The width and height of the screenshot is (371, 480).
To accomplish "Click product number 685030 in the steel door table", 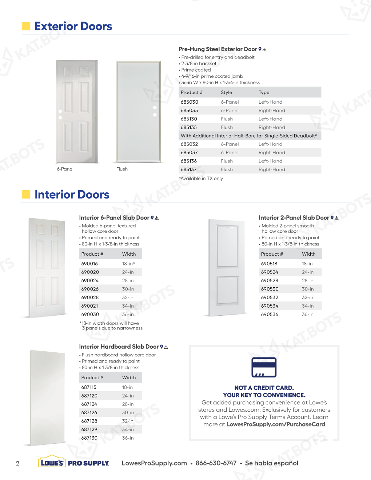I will pos(190,102).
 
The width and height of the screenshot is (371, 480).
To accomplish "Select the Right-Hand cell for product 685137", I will pos(272,169).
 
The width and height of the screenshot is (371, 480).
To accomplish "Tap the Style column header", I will pos(226,92).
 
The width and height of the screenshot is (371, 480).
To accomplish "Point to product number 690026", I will pos(90,289).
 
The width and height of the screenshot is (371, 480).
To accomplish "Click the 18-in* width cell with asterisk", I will pos(128,264).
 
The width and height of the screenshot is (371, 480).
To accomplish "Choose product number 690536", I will pos(270,315).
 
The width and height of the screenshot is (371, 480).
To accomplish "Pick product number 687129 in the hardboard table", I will pos(89,429).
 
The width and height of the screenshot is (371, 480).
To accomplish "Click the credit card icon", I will pos(264,367).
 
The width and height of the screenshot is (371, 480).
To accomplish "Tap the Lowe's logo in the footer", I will pos(52,463).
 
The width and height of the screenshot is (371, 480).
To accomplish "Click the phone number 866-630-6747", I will pos(216,463).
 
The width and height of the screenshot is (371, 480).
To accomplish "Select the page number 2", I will pos(17,463).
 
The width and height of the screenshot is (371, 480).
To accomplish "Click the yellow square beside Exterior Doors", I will pos(26,26).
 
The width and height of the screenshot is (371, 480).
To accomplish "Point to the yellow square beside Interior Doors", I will pos(26,194).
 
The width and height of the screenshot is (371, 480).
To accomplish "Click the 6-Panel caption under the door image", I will pos(65,169).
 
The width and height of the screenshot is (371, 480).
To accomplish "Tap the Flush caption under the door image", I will pos(122,169).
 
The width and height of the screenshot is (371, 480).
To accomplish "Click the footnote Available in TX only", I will pos(201,179).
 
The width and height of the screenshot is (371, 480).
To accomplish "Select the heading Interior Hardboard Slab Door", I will pos(119,347).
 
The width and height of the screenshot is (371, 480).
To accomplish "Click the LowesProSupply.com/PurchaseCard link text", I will pos(276,424).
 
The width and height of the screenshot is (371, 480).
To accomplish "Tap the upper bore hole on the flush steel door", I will pos(155,108).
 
